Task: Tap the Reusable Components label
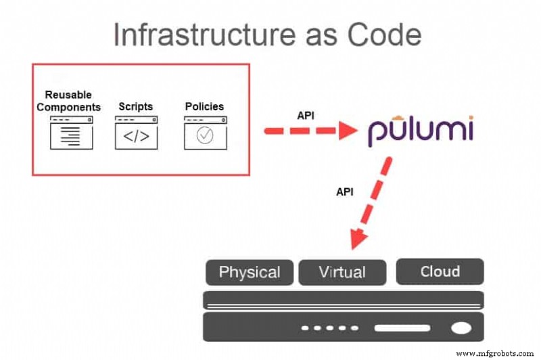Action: pyautogui.click(x=68, y=101)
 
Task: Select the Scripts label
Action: pyautogui.click(x=136, y=107)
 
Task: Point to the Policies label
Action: pyautogui.click(x=204, y=107)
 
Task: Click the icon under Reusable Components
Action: pyautogui.click(x=71, y=133)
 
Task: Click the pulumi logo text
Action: pyautogui.click(x=420, y=130)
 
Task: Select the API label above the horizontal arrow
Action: pyautogui.click(x=306, y=115)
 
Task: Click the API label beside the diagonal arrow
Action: pyautogui.click(x=345, y=192)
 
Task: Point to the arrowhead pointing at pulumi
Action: pyautogui.click(x=346, y=130)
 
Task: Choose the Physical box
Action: pyautogui.click(x=250, y=272)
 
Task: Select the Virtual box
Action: pyautogui.click(x=342, y=272)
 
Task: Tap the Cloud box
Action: pyautogui.click(x=440, y=271)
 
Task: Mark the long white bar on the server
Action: pyautogui.click(x=402, y=328)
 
